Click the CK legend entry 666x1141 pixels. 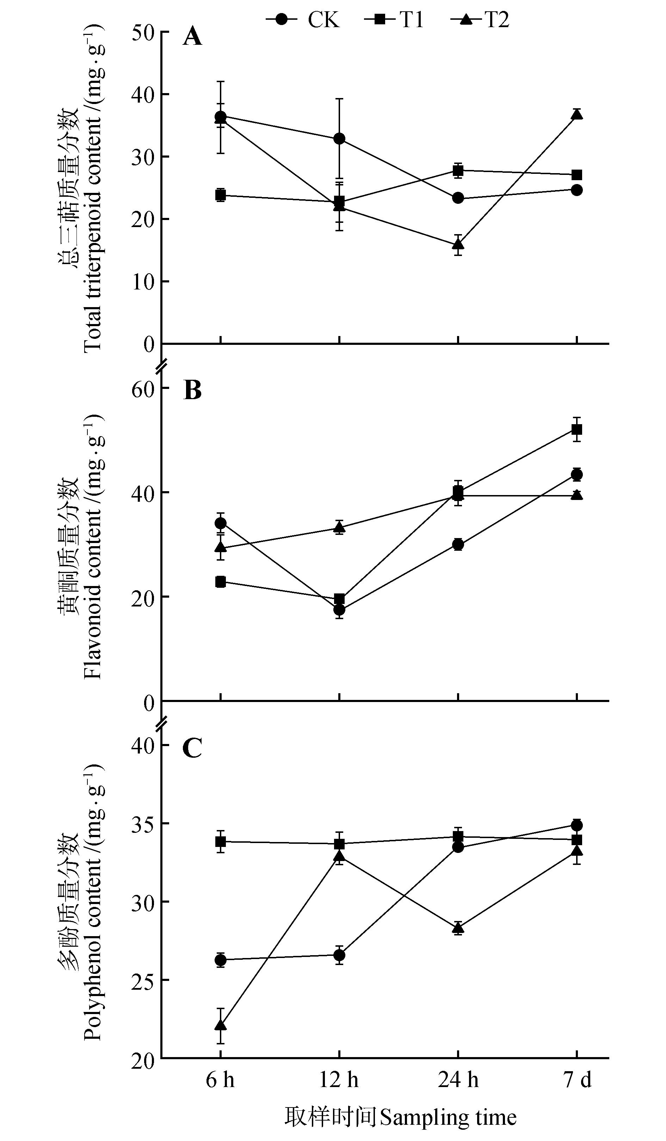(302, 20)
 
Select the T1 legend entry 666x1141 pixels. (394, 20)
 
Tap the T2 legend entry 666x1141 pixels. (480, 20)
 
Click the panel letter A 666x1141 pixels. (192, 37)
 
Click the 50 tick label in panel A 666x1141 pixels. (143, 32)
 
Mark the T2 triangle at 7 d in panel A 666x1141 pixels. (577, 115)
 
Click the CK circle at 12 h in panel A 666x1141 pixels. (339, 139)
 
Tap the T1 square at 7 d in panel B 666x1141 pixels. (577, 429)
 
